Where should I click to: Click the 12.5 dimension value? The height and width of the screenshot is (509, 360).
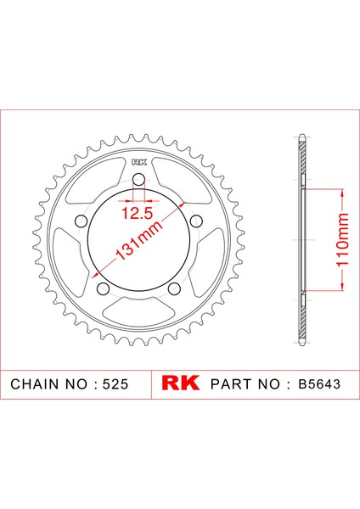(137, 213)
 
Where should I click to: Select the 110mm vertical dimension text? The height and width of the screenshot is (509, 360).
(342, 240)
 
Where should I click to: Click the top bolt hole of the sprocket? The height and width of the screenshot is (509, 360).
(138, 180)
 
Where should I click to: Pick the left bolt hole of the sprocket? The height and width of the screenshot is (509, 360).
(82, 221)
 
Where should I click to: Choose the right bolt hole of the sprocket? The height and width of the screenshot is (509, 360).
(196, 221)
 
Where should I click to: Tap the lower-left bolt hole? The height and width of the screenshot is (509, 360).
(104, 288)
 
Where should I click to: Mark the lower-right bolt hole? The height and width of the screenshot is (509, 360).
(174, 288)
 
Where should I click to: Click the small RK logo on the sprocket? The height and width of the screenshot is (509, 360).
(139, 162)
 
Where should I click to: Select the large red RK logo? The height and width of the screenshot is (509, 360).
(180, 383)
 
